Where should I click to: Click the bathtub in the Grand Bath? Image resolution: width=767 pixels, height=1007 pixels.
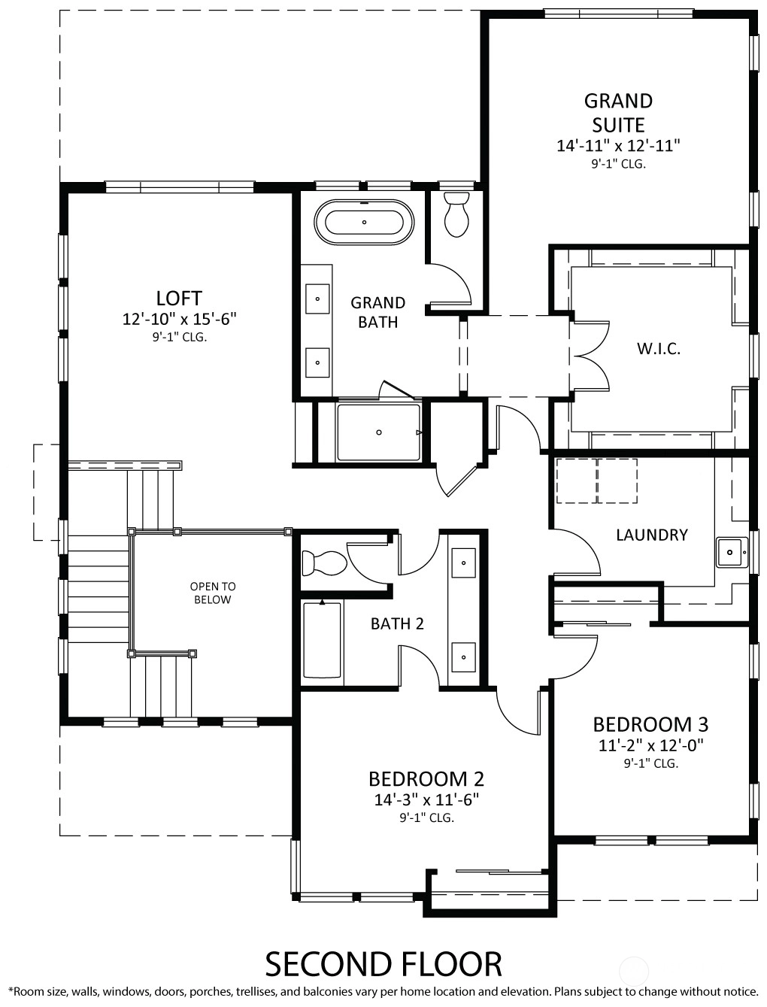[364, 223]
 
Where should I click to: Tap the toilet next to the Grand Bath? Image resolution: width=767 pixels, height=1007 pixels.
[457, 214]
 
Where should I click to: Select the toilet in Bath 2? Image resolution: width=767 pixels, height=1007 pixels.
[324, 563]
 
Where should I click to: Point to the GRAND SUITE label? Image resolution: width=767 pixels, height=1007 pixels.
[618, 113]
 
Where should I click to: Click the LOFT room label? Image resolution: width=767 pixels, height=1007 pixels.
[179, 299]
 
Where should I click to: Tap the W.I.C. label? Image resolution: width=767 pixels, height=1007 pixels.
[658, 349]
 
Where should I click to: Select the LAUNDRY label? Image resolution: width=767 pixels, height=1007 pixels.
[652, 535]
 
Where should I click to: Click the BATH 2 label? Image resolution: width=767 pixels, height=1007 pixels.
[397, 624]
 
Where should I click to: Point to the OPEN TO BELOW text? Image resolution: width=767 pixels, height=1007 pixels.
[213, 593]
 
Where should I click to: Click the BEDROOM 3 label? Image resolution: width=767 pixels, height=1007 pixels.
[650, 725]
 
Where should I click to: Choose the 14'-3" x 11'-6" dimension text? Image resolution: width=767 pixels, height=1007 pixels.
[426, 799]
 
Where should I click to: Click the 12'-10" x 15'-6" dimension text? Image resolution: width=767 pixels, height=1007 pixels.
[180, 319]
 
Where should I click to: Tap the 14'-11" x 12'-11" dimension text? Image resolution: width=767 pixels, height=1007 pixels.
[618, 146]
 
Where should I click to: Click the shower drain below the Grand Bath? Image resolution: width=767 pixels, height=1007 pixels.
[379, 432]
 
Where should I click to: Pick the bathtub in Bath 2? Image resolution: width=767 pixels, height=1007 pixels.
[323, 640]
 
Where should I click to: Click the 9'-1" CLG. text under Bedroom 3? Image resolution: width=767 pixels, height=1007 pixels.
[651, 763]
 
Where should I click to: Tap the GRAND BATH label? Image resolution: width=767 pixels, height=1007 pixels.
[378, 312]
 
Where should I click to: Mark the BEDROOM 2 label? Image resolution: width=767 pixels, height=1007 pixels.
[426, 779]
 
